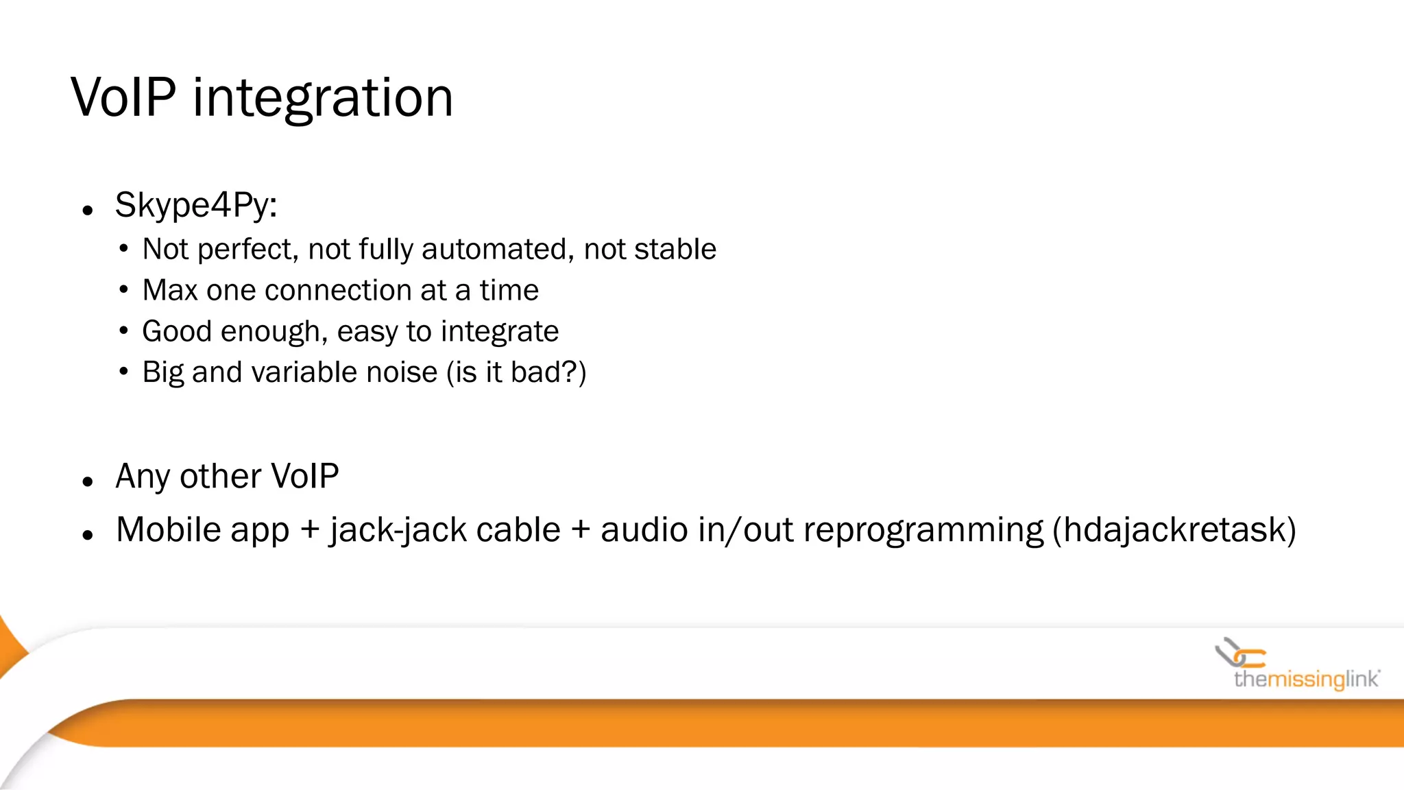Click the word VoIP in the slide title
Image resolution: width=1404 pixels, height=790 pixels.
tap(123, 98)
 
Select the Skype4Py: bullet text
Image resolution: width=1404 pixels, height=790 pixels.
tap(196, 205)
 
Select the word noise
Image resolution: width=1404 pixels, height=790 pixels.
tap(402, 372)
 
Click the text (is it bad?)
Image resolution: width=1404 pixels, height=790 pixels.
tap(516, 372)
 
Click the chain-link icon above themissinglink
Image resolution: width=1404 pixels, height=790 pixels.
tap(1239, 654)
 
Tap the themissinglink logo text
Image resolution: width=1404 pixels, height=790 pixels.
tap(1306, 680)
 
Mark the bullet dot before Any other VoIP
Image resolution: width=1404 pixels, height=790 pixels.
tap(87, 482)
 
